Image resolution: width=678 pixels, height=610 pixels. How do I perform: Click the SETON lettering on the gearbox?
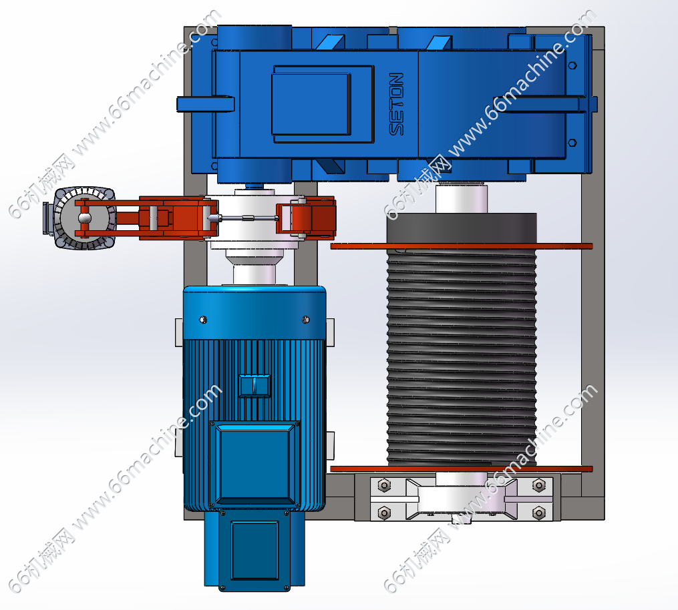397,104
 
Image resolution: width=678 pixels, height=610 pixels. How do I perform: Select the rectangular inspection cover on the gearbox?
323,104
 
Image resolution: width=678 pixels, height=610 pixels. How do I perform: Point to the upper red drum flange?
462,246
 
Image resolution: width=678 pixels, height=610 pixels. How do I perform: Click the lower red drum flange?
462,469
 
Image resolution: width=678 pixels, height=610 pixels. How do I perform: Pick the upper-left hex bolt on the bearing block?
384,485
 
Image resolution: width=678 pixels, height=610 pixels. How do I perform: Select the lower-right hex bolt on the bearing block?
539,513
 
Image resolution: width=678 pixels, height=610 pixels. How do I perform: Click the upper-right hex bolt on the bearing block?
539,485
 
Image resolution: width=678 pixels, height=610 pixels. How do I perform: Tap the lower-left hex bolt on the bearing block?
384,513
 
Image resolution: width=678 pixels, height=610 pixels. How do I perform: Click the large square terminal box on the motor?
255,464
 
